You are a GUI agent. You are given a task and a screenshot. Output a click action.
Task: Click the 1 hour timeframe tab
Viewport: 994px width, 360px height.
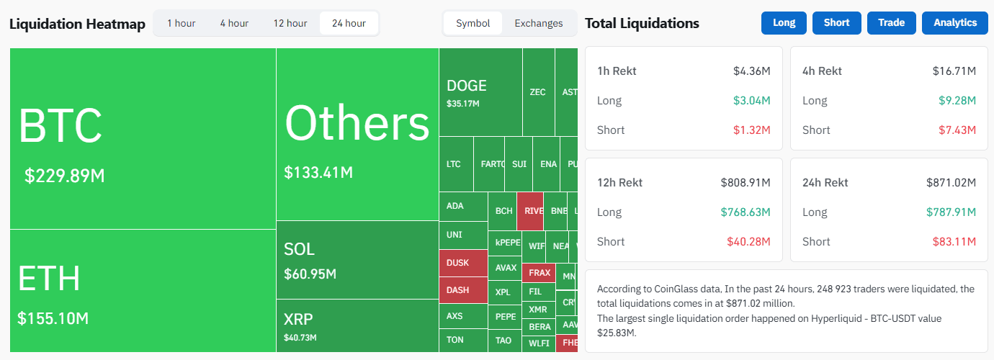click(x=181, y=23)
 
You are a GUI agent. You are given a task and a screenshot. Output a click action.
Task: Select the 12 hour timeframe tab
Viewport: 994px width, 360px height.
click(x=290, y=23)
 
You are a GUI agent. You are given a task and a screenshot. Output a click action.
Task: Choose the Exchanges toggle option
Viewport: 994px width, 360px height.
click(x=538, y=23)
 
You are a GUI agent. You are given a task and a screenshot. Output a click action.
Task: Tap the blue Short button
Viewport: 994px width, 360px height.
click(x=836, y=23)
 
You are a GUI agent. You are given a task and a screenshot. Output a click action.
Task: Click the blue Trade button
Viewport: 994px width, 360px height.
click(x=891, y=23)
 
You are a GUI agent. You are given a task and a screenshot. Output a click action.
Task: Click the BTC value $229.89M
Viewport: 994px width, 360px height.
click(x=65, y=176)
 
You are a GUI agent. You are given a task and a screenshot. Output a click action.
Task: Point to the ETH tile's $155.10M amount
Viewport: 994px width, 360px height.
click(x=53, y=318)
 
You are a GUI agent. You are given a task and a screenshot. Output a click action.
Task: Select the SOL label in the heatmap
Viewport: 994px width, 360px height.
click(x=299, y=249)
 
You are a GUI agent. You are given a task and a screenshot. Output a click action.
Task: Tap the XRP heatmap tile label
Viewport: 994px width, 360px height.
click(x=298, y=319)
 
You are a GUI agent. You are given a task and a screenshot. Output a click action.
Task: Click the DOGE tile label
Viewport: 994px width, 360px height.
click(x=467, y=86)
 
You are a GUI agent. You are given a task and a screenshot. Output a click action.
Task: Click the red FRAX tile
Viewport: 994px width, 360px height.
click(x=539, y=273)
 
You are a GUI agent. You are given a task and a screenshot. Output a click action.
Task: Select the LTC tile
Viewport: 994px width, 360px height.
click(x=454, y=164)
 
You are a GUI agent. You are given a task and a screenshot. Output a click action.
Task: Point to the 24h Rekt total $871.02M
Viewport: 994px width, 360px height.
click(x=951, y=182)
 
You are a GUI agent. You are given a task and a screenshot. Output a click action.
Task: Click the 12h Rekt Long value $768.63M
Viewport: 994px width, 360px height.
click(x=745, y=212)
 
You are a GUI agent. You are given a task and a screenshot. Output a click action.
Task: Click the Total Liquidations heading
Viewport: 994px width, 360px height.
click(x=642, y=23)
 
